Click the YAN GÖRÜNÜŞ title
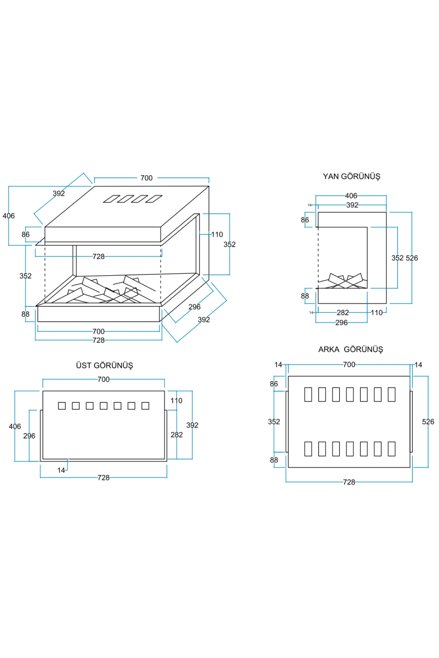pyautogui.click(x=351, y=177)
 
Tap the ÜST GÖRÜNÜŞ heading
pyautogui.click(x=104, y=366)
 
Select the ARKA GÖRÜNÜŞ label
pyautogui.click(x=350, y=349)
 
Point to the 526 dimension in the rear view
pyautogui.click(x=428, y=422)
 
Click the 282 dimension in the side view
pyautogui.click(x=342, y=313)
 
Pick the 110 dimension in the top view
pyautogui.click(x=176, y=401)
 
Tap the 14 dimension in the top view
pyautogui.click(x=61, y=470)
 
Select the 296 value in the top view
pyautogui.click(x=29, y=436)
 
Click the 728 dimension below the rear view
pyautogui.click(x=349, y=482)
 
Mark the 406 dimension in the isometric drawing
pyautogui.click(x=8, y=216)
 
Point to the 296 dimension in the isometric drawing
pyautogui.click(x=194, y=307)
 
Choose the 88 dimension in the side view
pyautogui.click(x=305, y=296)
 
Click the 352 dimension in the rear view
pyautogui.click(x=274, y=422)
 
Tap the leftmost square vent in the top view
pyautogui.click(x=62, y=406)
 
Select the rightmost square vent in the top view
pyautogui.click(x=145, y=406)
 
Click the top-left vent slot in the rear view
pyautogui.click(x=308, y=394)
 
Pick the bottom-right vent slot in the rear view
pyautogui.click(x=391, y=449)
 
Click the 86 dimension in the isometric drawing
pyautogui.click(x=26, y=235)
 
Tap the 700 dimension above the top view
pyautogui.click(x=104, y=379)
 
